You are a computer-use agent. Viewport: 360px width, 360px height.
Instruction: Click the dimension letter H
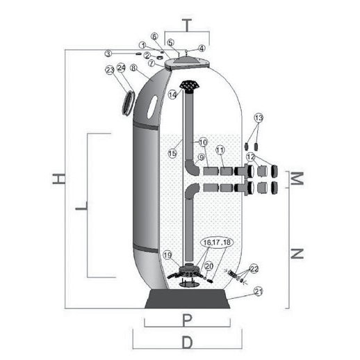(x=58, y=179)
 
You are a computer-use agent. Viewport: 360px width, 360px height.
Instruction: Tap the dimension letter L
(x=82, y=206)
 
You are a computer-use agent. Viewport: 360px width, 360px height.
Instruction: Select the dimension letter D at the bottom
(x=187, y=343)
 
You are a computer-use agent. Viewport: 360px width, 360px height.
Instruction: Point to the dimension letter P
(x=187, y=320)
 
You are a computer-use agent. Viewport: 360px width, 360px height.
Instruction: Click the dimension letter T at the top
(x=187, y=25)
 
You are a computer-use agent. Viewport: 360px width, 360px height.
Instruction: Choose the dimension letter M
(x=297, y=179)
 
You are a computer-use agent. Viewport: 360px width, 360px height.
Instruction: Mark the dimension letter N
(x=297, y=254)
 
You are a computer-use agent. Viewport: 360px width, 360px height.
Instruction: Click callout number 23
(x=110, y=69)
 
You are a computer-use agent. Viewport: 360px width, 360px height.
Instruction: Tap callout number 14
(x=172, y=95)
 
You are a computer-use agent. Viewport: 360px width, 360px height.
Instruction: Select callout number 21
(x=259, y=291)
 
